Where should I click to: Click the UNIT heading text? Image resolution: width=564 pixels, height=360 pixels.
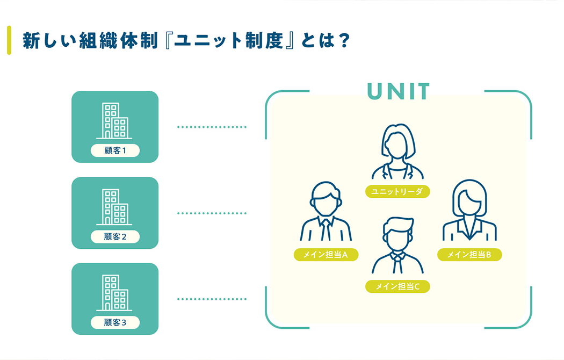[399, 92]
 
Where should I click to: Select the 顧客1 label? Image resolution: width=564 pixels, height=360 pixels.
[115, 150]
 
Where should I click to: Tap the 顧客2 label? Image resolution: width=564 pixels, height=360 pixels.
[115, 236]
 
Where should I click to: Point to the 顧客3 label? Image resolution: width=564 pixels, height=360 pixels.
[115, 322]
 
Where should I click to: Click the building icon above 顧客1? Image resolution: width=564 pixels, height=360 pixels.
[114, 121]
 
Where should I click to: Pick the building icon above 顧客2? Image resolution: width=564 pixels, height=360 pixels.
[114, 207]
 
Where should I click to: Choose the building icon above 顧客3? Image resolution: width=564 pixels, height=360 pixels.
[114, 293]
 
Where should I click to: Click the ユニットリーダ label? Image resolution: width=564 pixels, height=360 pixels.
[397, 191]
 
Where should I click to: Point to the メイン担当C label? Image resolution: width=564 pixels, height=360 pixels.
[397, 286]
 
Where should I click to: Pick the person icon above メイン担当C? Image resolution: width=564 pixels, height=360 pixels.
[398, 246]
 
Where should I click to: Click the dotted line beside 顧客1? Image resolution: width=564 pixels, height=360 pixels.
[212, 127]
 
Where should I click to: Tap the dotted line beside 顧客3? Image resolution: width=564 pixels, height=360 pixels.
[212, 299]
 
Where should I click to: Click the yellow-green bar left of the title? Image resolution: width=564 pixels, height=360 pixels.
[9, 40]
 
